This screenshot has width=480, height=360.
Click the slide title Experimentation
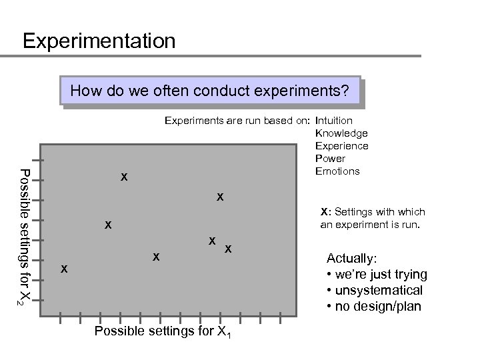coord(99,41)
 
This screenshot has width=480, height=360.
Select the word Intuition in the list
coord(335,121)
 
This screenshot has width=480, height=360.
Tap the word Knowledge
coord(341,133)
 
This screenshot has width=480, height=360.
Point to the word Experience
coord(341,146)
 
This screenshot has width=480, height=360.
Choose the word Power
coord(329,159)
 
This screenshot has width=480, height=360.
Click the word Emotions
coord(337,171)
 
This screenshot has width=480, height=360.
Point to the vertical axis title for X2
coord(23,237)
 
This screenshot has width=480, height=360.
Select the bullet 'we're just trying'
coord(377,275)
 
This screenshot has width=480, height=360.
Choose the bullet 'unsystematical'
coord(374,291)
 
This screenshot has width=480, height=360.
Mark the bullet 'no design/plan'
coord(373,307)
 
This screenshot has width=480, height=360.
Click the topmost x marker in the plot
coord(124,177)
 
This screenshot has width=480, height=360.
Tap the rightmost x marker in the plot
coord(228,249)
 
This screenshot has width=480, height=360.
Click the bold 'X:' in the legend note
coord(325,212)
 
